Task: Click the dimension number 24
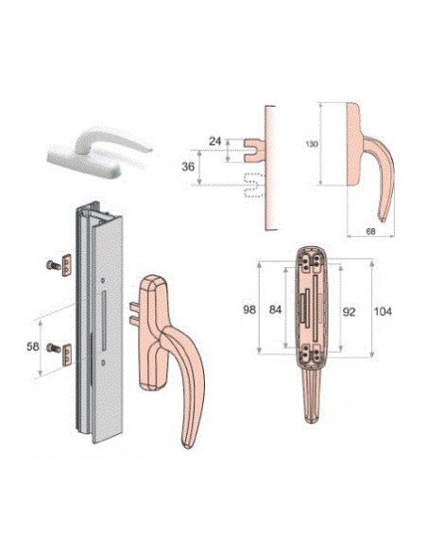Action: pos(214,142)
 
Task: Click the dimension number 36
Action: pos(188,167)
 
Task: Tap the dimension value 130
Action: pos(312,144)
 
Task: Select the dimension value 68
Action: pos(370,231)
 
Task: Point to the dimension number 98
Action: pos(249,309)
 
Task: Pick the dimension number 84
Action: pos(276,309)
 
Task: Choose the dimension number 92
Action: pos(349,312)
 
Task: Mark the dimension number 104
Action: pos(383,311)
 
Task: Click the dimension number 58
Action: pos(33,346)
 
